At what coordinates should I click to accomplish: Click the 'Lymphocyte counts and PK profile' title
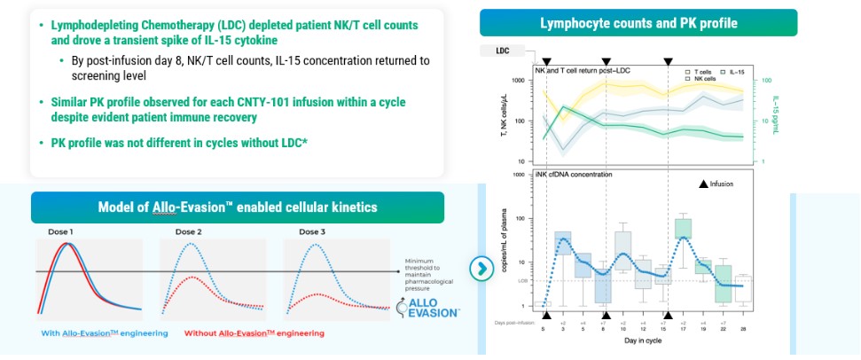point(638,22)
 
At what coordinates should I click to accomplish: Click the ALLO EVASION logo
point(427,307)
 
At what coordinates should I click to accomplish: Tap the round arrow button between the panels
point(480,268)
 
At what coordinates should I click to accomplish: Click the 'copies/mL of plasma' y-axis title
point(505,248)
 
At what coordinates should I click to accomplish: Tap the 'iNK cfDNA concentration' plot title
point(573,175)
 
